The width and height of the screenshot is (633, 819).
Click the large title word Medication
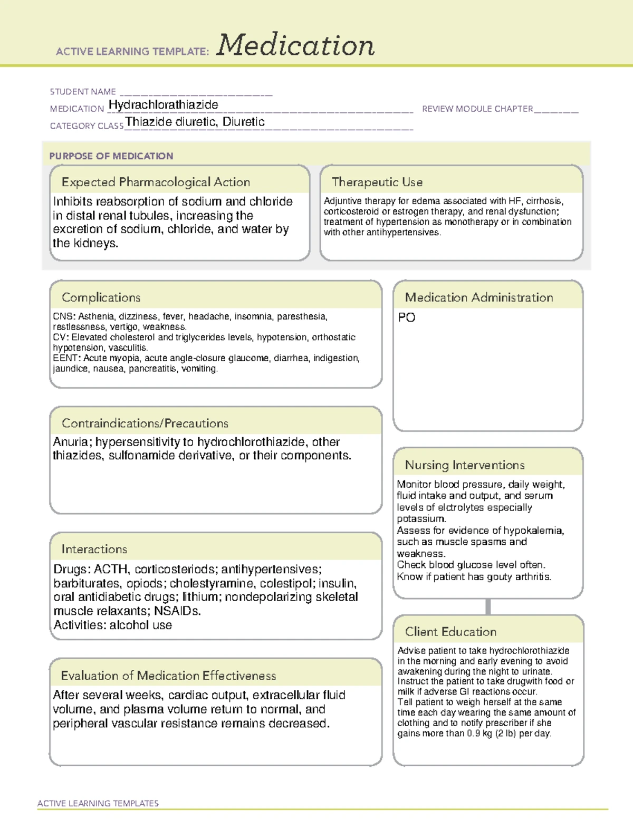pyautogui.click(x=295, y=45)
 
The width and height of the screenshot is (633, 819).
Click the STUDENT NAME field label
pyautogui.click(x=83, y=92)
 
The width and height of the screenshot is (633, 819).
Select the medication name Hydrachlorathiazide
pyautogui.click(x=163, y=105)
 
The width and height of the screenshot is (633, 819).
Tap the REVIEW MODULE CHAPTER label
pyautogui.click(x=477, y=109)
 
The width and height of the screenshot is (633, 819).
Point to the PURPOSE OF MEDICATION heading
pyautogui.click(x=111, y=156)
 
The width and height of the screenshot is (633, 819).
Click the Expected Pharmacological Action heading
pyautogui.click(x=156, y=182)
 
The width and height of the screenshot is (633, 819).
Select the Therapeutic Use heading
pyautogui.click(x=377, y=182)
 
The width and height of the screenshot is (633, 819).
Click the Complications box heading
pyautogui.click(x=101, y=297)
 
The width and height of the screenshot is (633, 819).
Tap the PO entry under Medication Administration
pyautogui.click(x=407, y=317)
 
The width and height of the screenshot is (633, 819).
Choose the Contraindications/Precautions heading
pyautogui.click(x=145, y=423)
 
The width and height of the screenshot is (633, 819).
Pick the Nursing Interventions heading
pyautogui.click(x=464, y=465)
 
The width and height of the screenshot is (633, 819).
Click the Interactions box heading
pyautogui.click(x=94, y=550)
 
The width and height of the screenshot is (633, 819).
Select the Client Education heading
pyautogui.click(x=450, y=632)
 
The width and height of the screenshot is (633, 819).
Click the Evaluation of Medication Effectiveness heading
pyautogui.click(x=168, y=676)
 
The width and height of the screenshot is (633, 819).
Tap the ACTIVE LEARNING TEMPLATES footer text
pyautogui.click(x=98, y=803)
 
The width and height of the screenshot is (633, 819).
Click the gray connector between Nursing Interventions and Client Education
pyautogui.click(x=488, y=606)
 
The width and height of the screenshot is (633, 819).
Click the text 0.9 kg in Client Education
pyautogui.click(x=479, y=734)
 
